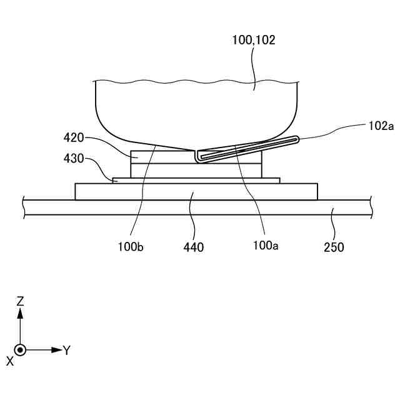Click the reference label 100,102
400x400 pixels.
pyautogui.click(x=253, y=40)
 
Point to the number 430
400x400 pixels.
pyautogui.click(x=74, y=159)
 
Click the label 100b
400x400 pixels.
pyautogui.click(x=130, y=246)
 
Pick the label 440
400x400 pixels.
pyautogui.click(x=194, y=247)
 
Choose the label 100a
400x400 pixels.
pyautogui.click(x=266, y=246)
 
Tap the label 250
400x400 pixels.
pyautogui.click(x=334, y=247)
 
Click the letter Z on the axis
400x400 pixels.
pyautogui.click(x=20, y=301)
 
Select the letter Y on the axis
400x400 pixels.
pyautogui.click(x=66, y=350)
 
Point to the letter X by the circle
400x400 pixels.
pyautogui.click(x=9, y=361)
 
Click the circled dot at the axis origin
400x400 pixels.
pyautogui.click(x=21, y=350)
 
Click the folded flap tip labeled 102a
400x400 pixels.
pyautogui.click(x=295, y=139)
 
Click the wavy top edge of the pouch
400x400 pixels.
pyautogui.click(x=187, y=81)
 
